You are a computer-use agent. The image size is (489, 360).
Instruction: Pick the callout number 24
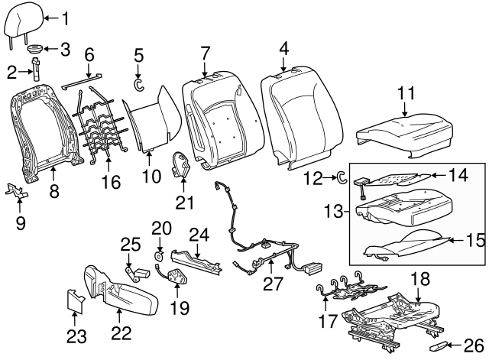(x=199, y=234)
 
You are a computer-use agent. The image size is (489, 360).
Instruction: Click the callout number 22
(x=121, y=333)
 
